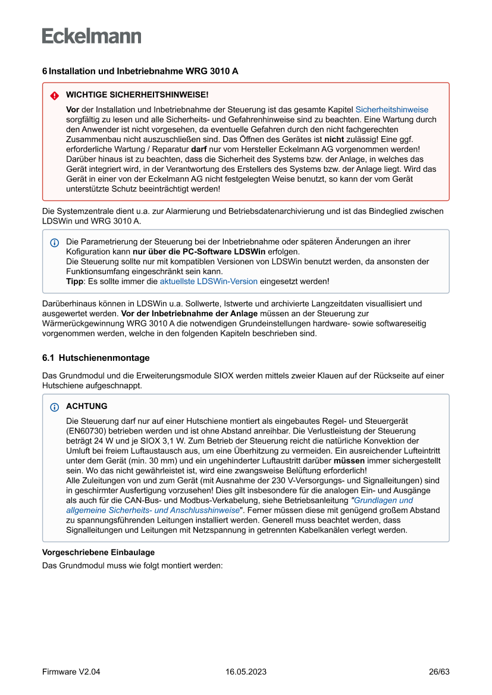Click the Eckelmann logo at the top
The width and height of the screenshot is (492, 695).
[92, 36]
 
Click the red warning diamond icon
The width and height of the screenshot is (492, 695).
[54, 95]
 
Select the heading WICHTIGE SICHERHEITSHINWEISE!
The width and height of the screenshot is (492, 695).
[137, 95]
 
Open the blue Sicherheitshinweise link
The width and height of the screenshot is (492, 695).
[391, 109]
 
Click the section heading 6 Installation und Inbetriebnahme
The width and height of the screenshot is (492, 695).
[140, 71]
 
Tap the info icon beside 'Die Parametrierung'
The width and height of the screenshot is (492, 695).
[54, 243]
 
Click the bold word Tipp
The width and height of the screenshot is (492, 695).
[74, 281]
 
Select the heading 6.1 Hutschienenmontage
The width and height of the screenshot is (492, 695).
[96, 358]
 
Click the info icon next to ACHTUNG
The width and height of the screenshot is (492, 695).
[54, 407]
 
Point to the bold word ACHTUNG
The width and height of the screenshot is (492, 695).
[87, 406]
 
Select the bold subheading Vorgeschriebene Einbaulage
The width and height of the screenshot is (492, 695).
[98, 552]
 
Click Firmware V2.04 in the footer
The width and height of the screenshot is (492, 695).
[71, 672]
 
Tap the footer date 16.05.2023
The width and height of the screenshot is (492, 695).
[246, 672]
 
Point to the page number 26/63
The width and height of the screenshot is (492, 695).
[439, 672]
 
